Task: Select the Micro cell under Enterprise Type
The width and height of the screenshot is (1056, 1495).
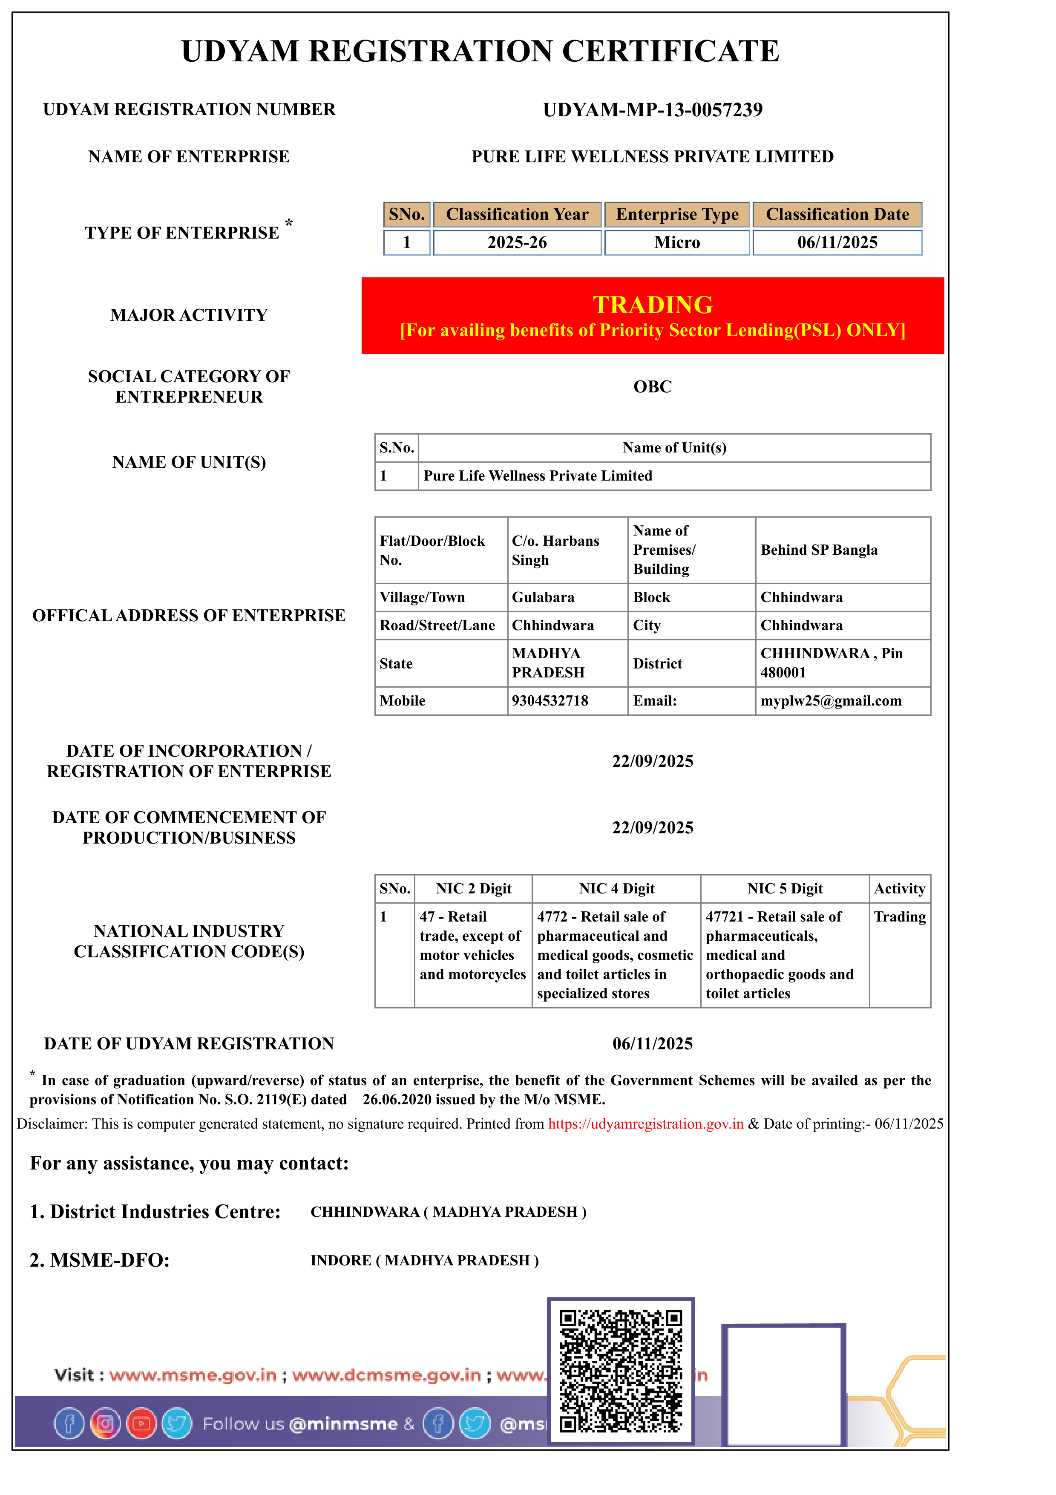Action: (677, 243)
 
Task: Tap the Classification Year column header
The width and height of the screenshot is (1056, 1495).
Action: (517, 215)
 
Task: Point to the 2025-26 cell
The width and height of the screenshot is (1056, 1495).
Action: (517, 243)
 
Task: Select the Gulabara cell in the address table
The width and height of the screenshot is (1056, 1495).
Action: (543, 597)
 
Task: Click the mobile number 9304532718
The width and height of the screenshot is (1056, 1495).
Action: (550, 700)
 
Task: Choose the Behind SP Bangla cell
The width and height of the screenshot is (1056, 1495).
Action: (819, 550)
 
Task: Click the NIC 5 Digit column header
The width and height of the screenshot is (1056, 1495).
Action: (785, 889)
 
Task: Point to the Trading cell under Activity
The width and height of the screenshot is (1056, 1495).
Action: (899, 917)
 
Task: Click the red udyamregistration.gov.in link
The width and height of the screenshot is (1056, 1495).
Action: (645, 1124)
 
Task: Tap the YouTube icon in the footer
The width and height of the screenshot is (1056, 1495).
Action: (141, 1424)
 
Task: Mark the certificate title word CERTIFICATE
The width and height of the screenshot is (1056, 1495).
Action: (670, 52)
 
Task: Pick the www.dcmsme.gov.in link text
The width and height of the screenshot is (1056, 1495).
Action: (386, 1375)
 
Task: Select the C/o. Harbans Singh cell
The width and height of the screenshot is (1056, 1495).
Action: (555, 550)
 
